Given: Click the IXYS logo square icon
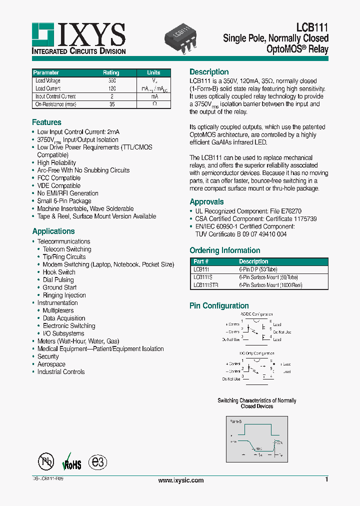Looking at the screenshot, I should point(43,34).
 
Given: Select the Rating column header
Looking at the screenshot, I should point(111,73).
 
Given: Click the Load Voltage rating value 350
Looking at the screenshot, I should point(111,81).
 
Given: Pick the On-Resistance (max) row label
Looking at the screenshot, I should point(56,104).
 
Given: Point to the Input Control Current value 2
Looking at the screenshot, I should point(111,96).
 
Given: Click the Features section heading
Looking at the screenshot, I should point(46,122).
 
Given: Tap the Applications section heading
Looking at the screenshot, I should point(53,231).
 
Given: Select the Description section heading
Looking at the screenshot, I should point(209,72).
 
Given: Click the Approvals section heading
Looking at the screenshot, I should point(206,202).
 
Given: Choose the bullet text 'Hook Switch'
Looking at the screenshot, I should point(59,272).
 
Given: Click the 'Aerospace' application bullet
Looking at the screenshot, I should point(51,364).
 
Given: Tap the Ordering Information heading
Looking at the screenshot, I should point(224,250).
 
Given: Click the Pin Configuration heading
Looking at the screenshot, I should point(219,305).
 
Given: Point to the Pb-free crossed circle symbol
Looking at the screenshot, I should point(46,461).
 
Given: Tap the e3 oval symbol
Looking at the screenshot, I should point(97,461).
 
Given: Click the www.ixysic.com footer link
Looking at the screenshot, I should point(180,480).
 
